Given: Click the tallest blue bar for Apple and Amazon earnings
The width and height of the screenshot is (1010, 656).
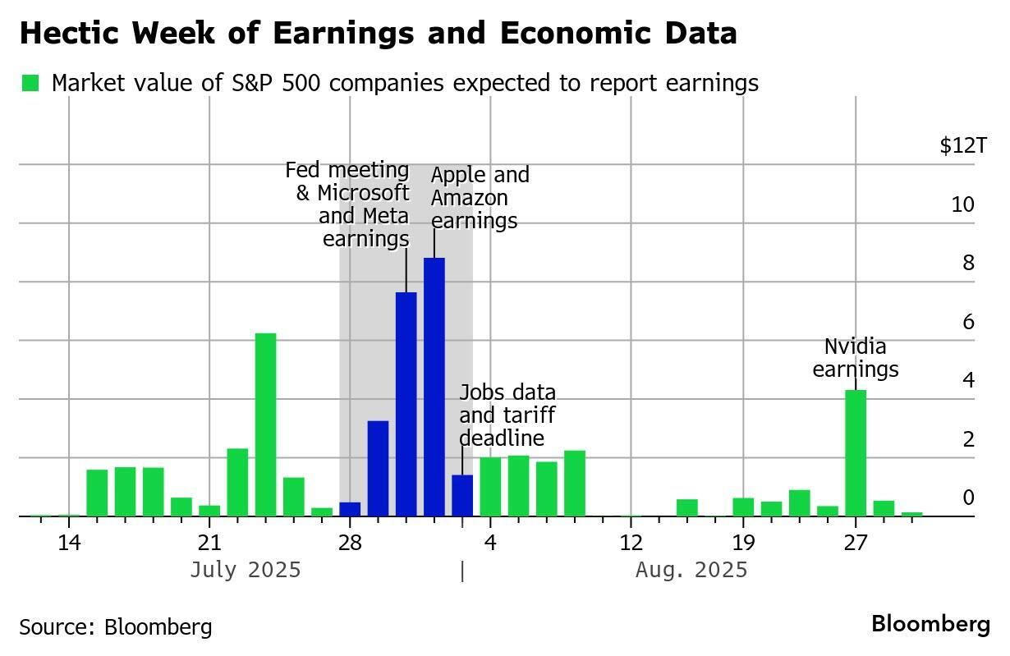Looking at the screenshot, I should tap(434, 386).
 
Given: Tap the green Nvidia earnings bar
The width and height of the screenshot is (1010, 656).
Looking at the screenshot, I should tap(856, 452).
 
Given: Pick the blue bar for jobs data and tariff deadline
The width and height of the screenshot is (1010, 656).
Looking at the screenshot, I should tap(462, 495).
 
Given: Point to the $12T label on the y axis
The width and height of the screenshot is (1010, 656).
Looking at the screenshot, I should tap(962, 146).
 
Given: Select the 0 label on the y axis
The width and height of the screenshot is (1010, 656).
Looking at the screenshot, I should tap(967, 498).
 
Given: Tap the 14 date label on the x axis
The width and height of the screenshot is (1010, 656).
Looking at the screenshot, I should tap(69, 543).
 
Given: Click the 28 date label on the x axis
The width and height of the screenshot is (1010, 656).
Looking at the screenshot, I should tap(350, 543).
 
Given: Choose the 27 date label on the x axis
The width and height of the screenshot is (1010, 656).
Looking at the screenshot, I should tap(856, 543).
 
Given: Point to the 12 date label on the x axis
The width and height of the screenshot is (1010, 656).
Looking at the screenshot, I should tap(631, 543).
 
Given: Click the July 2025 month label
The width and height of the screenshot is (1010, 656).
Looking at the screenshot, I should tap(246, 570).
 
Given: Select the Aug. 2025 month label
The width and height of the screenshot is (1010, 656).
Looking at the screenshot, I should tap(691, 570).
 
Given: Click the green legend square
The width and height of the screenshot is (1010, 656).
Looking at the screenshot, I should tap(30, 83).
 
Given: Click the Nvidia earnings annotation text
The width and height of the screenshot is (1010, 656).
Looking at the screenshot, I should tap(856, 358).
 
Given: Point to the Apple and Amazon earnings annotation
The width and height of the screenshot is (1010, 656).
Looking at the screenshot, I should tap(480, 198).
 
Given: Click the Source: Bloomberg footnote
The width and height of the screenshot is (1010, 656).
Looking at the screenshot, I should tap(116, 627).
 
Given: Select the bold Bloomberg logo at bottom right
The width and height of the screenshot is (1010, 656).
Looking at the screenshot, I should tap(930, 624).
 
